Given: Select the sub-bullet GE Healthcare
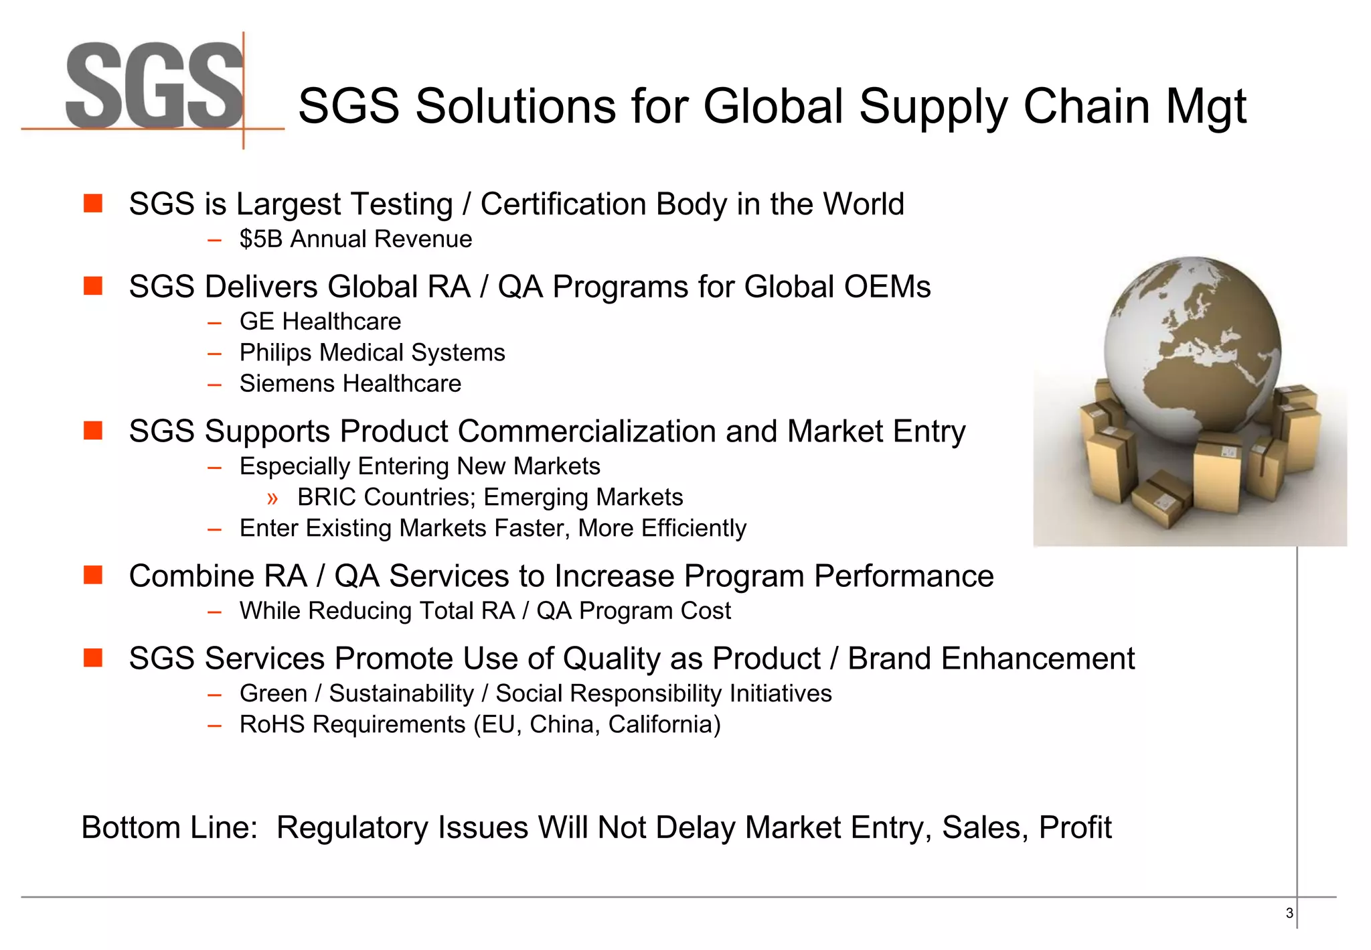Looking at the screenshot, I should (320, 322).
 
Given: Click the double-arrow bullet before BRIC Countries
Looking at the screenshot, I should (272, 498).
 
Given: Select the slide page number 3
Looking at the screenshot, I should (1289, 913).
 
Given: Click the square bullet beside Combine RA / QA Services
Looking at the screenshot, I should (93, 575).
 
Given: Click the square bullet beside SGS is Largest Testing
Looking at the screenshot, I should (93, 203).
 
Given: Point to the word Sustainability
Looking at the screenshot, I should (401, 694).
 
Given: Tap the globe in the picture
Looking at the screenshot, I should (1192, 348).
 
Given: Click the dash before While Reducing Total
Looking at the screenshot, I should (214, 612).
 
